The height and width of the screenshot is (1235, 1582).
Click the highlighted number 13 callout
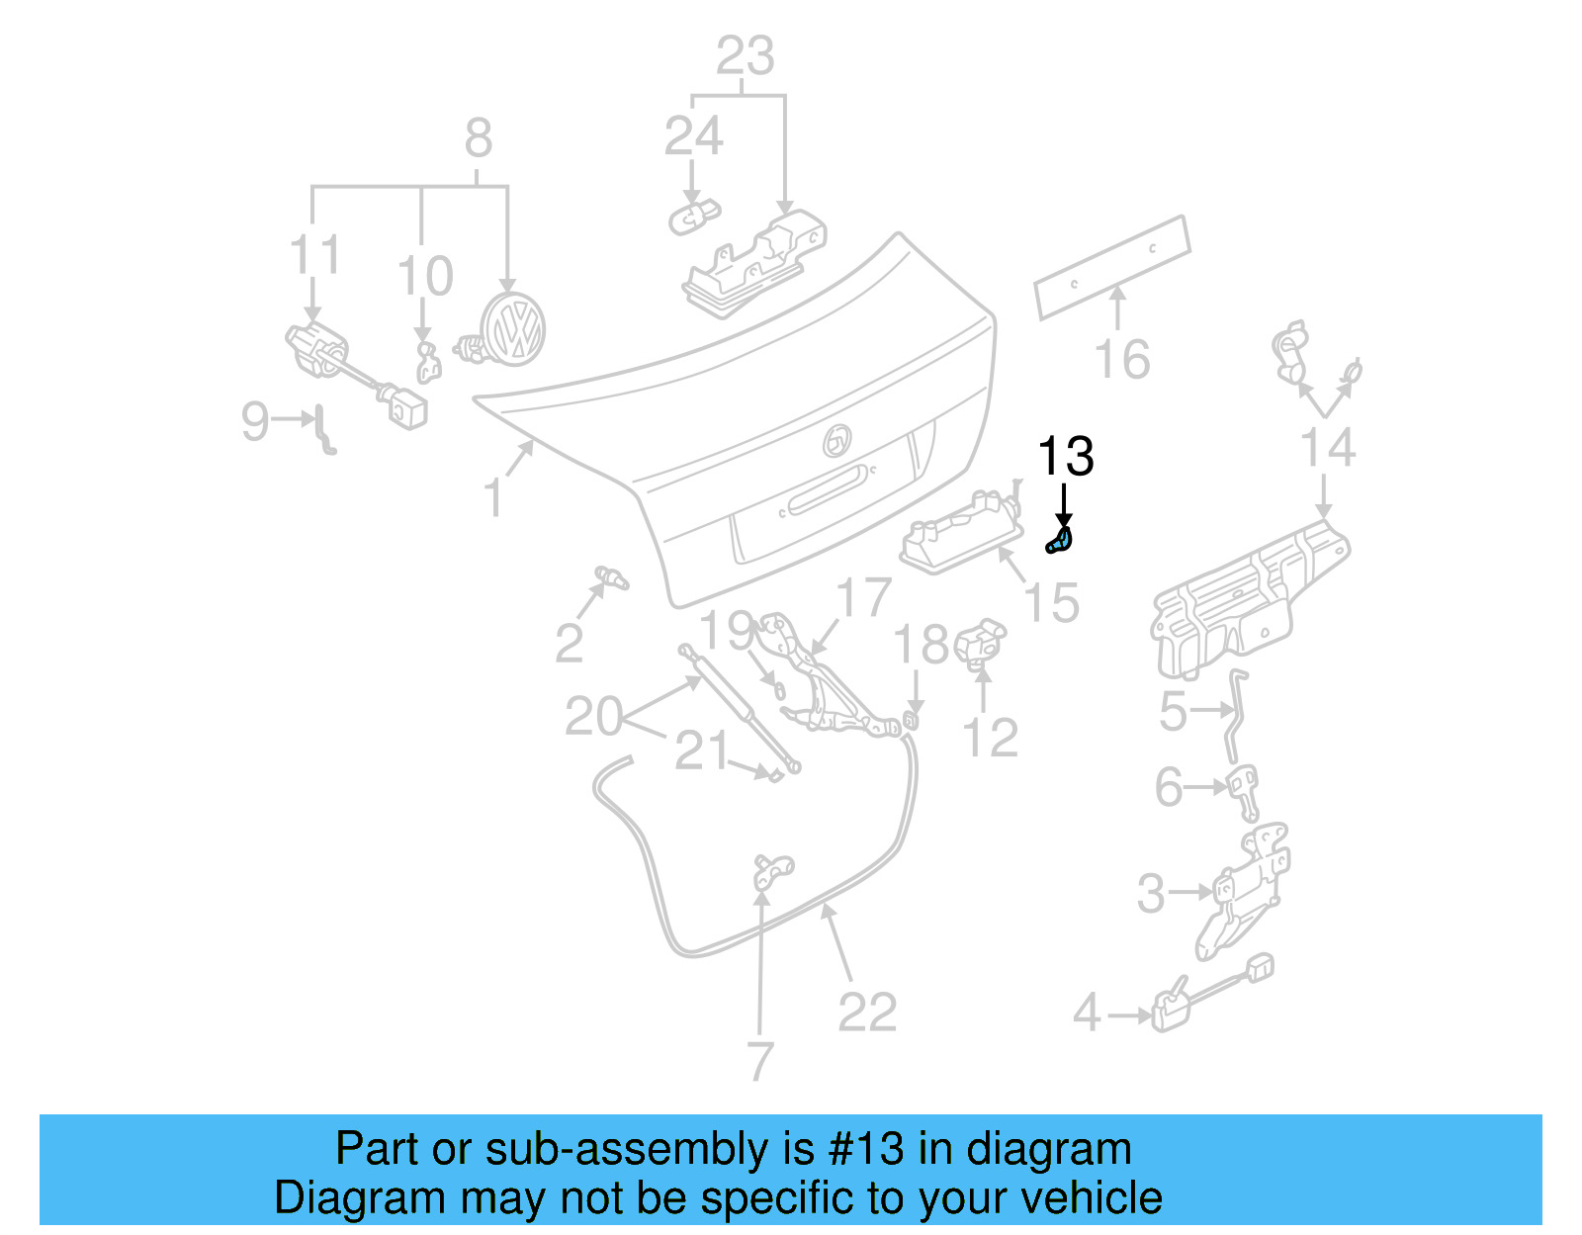pos(1065,457)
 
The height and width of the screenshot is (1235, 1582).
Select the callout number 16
pos(1122,360)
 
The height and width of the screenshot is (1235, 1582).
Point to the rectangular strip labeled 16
pos(1112,267)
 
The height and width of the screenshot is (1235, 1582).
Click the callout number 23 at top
pos(745,56)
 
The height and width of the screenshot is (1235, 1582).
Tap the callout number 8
pos(479,138)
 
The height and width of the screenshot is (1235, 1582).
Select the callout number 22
pos(867,1013)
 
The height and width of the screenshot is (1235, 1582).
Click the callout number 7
pos(759,1062)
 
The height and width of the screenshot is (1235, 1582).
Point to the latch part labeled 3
pos(1241,890)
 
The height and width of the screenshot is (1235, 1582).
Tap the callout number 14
pos(1327,448)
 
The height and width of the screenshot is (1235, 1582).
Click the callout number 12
pos(990,739)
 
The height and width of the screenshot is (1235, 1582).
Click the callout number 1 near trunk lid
pos(493,497)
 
